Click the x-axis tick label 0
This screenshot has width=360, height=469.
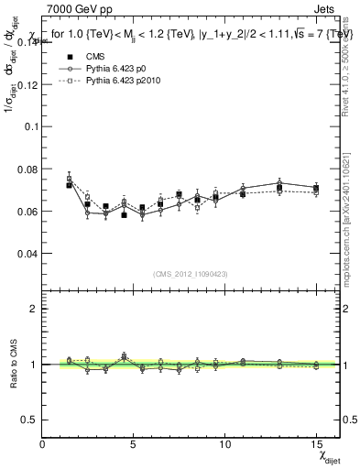[42, 443]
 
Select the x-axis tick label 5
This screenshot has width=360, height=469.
[134, 443]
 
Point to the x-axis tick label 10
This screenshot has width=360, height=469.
[224, 443]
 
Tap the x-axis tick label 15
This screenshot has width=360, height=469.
[316, 443]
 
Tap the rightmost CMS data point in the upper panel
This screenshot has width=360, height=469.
[316, 188]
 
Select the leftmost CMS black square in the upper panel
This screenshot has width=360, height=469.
[70, 185]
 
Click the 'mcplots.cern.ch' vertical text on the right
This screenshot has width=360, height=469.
[347, 220]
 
